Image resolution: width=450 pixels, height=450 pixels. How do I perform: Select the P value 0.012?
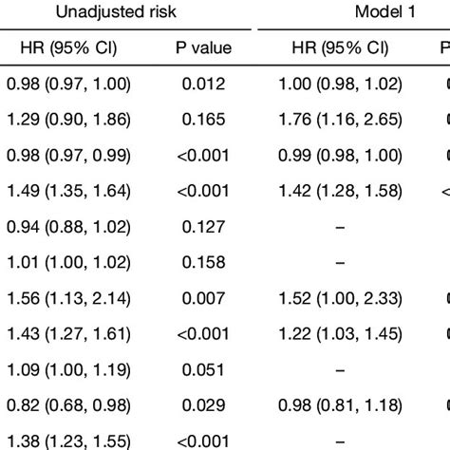(x=203, y=85)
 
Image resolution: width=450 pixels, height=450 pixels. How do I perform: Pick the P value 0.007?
(x=203, y=296)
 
